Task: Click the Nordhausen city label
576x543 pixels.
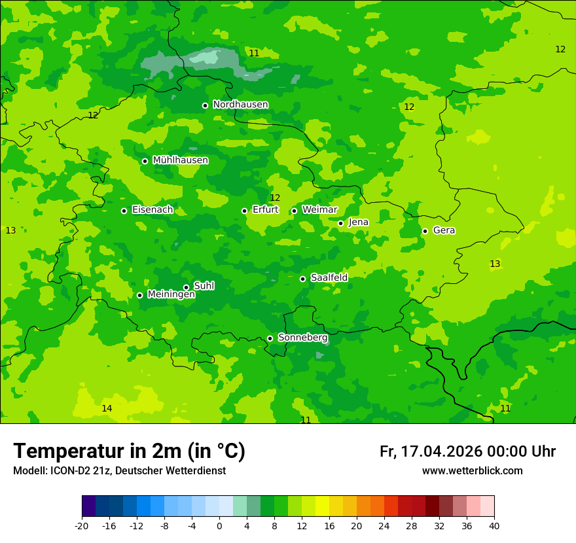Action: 240,105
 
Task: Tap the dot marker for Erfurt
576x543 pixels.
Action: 244,211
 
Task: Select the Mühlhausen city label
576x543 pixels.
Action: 180,160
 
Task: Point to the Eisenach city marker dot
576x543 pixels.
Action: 124,211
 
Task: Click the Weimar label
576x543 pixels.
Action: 319,210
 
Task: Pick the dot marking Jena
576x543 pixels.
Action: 340,223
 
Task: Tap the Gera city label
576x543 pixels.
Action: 444,230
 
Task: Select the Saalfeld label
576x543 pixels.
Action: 329,278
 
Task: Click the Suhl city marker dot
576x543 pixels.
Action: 186,287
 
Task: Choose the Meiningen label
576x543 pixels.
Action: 171,295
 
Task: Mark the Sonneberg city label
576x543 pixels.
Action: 302,338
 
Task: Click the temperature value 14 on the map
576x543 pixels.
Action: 107,409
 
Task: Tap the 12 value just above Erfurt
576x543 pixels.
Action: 275,198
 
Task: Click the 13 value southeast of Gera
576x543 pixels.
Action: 495,264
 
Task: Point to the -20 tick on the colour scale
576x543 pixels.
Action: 82,526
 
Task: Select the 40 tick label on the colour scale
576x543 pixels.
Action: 494,526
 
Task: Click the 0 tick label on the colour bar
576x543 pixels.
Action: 219,526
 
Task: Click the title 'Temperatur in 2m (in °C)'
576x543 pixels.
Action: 129,451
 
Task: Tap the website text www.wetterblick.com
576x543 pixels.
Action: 472,471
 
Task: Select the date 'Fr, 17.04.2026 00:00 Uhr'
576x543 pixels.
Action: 467,452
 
